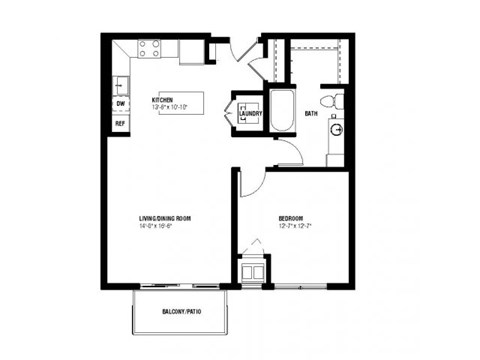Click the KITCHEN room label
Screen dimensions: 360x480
pos(163,100)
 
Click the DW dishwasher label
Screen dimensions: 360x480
pos(120,103)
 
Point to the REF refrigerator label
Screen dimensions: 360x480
pos(120,123)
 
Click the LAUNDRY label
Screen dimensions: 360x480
pos(250,112)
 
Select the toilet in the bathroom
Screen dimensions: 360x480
pos(334,100)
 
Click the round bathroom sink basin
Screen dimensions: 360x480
pos(337,129)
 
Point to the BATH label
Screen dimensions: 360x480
pos(311,113)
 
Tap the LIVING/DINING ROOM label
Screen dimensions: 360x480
pos(165,217)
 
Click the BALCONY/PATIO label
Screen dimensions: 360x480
pos(182,313)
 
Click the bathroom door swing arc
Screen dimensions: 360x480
pos(287,152)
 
